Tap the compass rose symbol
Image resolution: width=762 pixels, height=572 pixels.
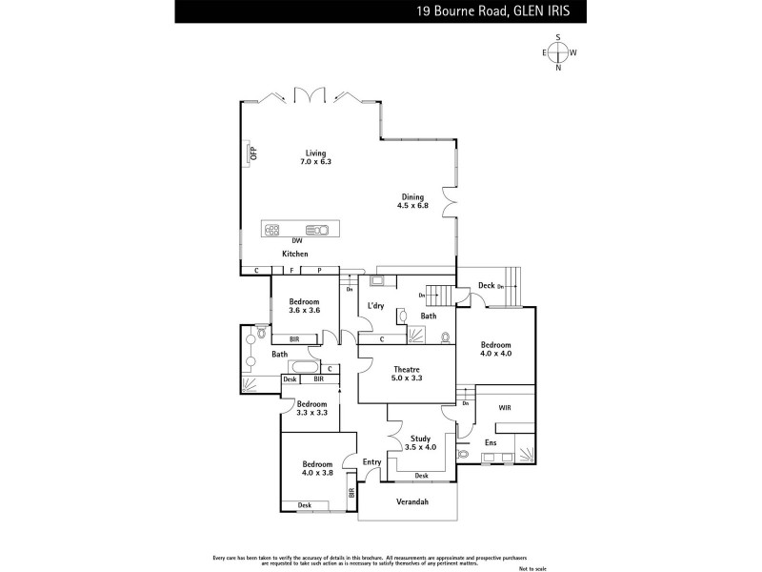[558, 52]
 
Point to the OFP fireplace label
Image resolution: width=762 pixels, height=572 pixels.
[253, 153]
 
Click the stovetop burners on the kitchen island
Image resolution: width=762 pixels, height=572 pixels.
[273, 230]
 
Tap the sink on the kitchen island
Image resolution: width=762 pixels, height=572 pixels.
[318, 230]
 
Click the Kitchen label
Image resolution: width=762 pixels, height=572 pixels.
[295, 255]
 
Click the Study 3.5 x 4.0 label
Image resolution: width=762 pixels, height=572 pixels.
[420, 443]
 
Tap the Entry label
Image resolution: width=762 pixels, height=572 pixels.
[371, 462]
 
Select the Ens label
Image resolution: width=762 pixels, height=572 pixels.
[491, 443]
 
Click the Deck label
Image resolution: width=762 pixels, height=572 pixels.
[486, 285]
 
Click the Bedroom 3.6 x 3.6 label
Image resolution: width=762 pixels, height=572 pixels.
[306, 306]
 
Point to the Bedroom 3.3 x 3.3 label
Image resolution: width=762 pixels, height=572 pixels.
[311, 408]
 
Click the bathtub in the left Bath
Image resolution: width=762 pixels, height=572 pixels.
[305, 368]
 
